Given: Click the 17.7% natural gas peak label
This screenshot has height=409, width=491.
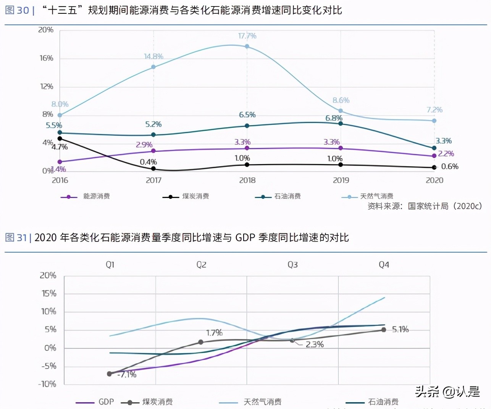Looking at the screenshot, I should point(247,36).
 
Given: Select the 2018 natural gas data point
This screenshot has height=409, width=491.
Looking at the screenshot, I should point(247,47).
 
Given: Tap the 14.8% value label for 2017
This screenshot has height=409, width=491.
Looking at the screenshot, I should point(153,56).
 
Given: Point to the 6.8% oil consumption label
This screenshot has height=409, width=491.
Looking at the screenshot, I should point(334,118).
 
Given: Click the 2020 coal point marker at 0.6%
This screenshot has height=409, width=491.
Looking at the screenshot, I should point(434,167).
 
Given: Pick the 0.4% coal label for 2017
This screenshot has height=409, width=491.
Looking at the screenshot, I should point(148,162).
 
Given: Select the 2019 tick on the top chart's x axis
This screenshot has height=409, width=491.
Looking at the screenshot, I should point(341,180).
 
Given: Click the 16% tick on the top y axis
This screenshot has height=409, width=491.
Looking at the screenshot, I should point(46,58).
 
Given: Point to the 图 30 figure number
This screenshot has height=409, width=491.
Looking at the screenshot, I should point(17,10).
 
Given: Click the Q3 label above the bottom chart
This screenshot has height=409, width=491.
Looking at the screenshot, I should point(292,265).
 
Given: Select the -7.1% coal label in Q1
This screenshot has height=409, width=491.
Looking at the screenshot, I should point(127,375).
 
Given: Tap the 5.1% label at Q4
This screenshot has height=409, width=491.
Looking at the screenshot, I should point(400,329).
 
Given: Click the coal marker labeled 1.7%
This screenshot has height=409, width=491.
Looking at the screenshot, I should point(201,342).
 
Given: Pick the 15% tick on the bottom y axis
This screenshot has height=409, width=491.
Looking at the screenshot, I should point(49,293).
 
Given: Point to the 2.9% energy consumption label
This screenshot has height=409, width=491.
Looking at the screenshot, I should point(144,145).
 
